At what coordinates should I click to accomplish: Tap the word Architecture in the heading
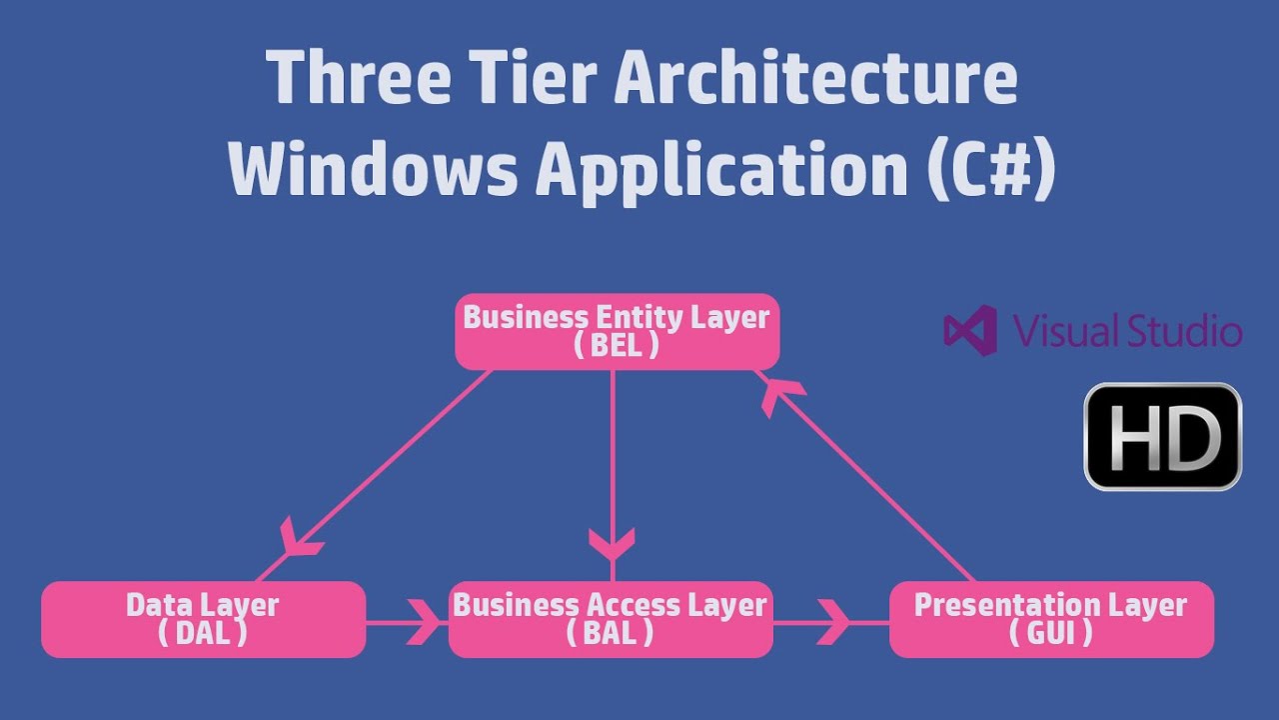coord(815,79)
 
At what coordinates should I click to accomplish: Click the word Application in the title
coord(718,170)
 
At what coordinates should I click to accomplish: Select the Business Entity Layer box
coord(617,332)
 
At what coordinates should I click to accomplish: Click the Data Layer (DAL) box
coord(203,620)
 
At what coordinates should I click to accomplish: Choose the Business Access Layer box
coord(611,620)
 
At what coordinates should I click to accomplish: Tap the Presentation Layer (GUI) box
coord(1051,620)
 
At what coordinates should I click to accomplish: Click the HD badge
coord(1163,437)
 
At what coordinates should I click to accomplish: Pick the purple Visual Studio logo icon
coord(969,331)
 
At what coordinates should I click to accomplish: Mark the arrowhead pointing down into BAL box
coord(612,543)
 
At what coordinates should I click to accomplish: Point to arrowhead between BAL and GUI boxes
coord(832,623)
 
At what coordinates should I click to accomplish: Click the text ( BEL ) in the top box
coord(617,346)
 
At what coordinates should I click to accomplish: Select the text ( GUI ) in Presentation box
coord(1051,633)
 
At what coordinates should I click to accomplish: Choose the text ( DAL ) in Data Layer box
coord(203,633)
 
